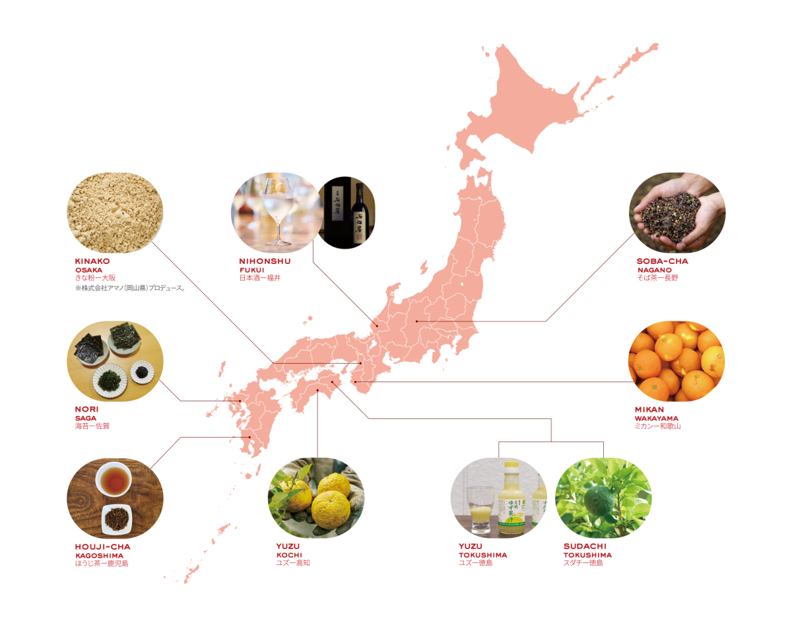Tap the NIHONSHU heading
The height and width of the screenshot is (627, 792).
point(265,262)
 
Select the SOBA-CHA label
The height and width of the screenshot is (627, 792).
point(662,261)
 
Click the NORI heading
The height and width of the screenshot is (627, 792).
point(86,410)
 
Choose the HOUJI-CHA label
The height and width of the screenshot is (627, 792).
point(102,547)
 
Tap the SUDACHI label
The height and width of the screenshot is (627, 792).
point(584,547)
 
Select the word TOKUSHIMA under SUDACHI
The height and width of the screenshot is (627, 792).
point(587,556)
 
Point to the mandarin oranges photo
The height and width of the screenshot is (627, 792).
point(676,361)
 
